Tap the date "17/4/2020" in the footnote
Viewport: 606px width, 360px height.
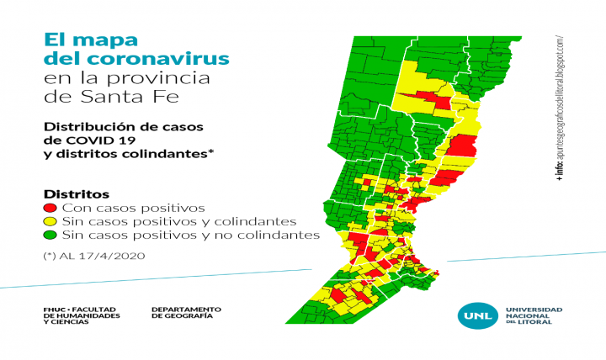pyautogui.click(x=117, y=256)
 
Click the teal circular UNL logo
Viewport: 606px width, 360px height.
pyautogui.click(x=471, y=315)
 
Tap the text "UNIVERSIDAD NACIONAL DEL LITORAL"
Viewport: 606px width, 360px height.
pyautogui.click(x=533, y=315)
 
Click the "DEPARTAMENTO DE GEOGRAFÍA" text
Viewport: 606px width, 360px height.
pyautogui.click(x=186, y=312)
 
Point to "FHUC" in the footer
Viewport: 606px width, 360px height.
pyautogui.click(x=54, y=309)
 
